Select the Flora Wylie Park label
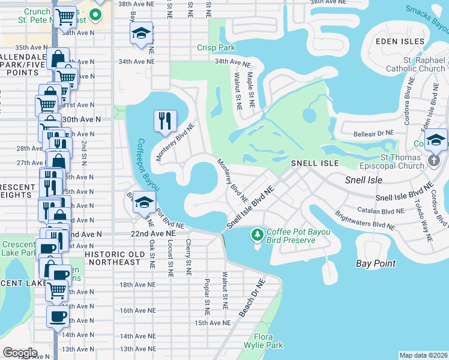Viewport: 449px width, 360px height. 268,341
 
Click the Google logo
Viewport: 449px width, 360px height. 20,352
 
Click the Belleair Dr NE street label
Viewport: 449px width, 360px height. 373,133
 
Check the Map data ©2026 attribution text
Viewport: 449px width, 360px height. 423,355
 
